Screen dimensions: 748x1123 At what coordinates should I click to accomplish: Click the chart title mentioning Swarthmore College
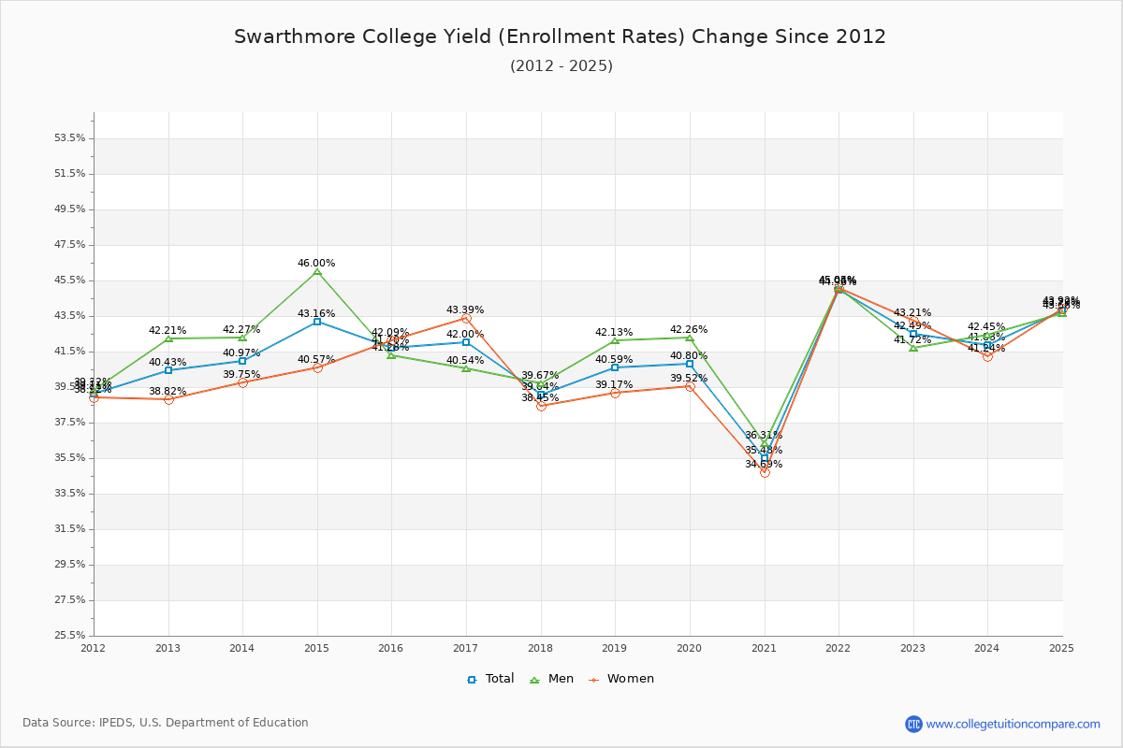pyautogui.click(x=560, y=36)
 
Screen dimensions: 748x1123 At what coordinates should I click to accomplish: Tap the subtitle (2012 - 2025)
pyautogui.click(x=561, y=66)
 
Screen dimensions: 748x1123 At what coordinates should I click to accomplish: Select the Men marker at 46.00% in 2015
pyautogui.click(x=317, y=271)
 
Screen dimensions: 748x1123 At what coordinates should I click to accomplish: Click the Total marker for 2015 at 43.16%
pyautogui.click(x=317, y=322)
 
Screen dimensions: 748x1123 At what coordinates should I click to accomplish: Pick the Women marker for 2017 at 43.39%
pyautogui.click(x=466, y=318)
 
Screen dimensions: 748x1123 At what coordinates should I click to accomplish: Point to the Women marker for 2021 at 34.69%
pyautogui.click(x=765, y=472)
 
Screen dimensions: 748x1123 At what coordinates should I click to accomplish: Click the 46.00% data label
pyautogui.click(x=316, y=264)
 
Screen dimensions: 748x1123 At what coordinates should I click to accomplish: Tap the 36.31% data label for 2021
pyautogui.click(x=764, y=436)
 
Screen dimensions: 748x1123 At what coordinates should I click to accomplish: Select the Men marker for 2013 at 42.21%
pyautogui.click(x=168, y=338)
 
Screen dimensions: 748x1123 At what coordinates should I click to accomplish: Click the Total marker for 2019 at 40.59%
pyautogui.click(x=615, y=367)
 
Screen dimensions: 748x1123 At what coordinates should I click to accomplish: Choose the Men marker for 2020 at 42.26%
pyautogui.click(x=690, y=338)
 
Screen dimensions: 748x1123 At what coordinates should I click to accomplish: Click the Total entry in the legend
pyautogui.click(x=490, y=679)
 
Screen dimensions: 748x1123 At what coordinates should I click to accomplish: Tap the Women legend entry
pyautogui.click(x=621, y=679)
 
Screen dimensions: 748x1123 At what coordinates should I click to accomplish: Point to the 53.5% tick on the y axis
pyautogui.click(x=70, y=138)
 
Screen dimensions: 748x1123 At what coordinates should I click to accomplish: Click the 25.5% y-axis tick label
pyautogui.click(x=70, y=636)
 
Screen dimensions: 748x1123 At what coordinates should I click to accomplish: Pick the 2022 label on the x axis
pyautogui.click(x=839, y=648)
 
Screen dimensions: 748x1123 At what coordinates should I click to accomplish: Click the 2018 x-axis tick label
pyautogui.click(x=541, y=648)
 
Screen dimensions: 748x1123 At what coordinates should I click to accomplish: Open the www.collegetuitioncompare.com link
pyautogui.click(x=1013, y=724)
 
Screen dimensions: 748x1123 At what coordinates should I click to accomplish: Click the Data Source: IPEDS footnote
pyautogui.click(x=166, y=723)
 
